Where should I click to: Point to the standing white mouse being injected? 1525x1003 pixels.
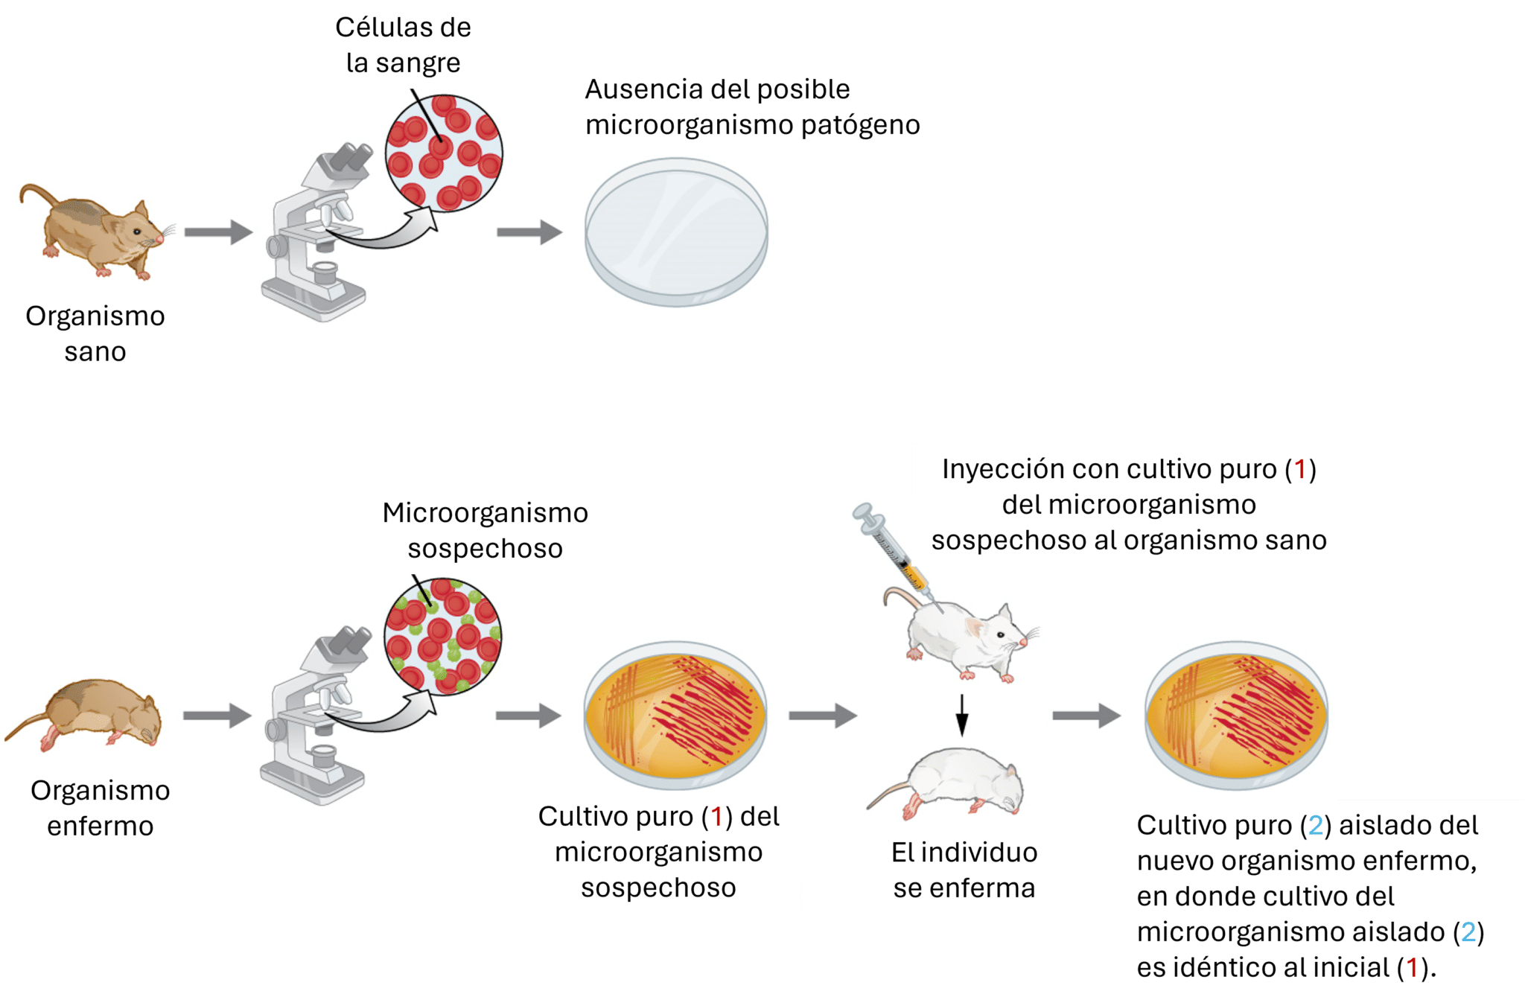[961, 637]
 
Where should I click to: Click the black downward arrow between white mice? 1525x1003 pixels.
[961, 715]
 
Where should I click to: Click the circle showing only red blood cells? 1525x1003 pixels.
[444, 153]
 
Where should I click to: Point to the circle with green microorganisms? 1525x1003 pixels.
[443, 637]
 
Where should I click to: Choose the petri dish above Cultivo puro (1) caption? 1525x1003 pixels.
[675, 715]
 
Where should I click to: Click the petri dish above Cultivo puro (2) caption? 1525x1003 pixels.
[1236, 715]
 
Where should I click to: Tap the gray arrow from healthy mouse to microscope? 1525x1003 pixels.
[218, 232]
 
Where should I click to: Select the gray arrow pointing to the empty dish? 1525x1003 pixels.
[529, 232]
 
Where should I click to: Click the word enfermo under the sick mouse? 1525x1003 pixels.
[101, 826]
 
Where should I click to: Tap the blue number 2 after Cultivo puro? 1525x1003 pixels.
[1316, 825]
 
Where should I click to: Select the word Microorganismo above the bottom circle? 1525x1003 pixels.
[485, 513]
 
